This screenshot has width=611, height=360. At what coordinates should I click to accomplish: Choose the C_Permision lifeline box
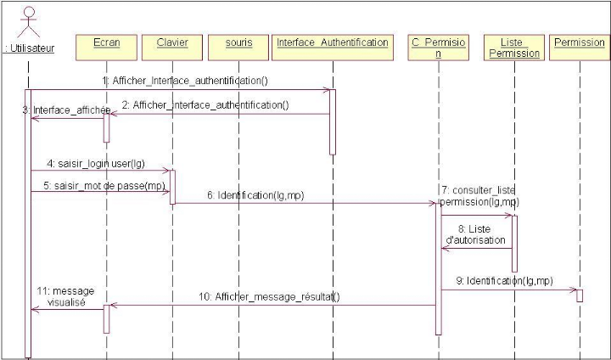click(x=438, y=48)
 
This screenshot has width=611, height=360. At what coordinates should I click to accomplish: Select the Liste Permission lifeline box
click(x=514, y=48)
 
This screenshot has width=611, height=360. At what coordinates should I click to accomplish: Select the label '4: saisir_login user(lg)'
click(x=96, y=161)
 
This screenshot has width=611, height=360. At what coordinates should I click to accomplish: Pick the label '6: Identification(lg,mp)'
click(x=255, y=195)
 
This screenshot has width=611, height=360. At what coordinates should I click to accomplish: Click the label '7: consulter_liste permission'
click(x=479, y=194)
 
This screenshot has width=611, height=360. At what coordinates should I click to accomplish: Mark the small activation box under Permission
click(x=579, y=295)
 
